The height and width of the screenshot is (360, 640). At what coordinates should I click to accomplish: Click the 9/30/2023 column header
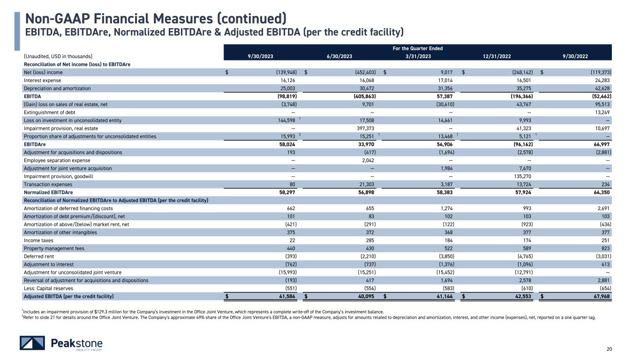(260, 56)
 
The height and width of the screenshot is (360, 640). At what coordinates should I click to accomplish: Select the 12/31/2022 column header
(497, 56)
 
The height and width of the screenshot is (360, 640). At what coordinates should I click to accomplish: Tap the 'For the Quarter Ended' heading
(418, 48)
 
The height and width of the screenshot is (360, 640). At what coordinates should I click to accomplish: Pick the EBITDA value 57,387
(444, 96)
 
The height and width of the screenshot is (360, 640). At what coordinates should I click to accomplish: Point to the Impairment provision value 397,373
(365, 128)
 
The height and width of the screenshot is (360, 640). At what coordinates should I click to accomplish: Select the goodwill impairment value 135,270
(522, 176)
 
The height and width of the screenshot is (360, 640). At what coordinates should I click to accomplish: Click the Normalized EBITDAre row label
(48, 192)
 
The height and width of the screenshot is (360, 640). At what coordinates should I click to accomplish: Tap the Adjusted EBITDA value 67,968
(602, 296)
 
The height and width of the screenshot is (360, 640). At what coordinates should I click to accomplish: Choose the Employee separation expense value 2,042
(368, 160)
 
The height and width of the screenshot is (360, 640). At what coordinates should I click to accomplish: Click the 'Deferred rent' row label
(39, 256)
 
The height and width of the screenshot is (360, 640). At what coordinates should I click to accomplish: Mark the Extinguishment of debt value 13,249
(602, 112)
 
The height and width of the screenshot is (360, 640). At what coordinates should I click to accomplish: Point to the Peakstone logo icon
(32, 343)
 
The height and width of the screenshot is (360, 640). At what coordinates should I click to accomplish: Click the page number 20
(609, 349)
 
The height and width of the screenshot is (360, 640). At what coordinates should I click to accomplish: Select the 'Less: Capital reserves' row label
(48, 288)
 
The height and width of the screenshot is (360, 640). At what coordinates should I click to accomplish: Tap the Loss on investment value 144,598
(286, 120)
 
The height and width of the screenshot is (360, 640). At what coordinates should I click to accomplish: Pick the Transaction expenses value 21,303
(367, 184)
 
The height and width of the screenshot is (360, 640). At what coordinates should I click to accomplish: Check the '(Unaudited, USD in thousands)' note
(58, 56)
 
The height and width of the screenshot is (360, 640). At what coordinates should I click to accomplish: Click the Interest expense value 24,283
(602, 80)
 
